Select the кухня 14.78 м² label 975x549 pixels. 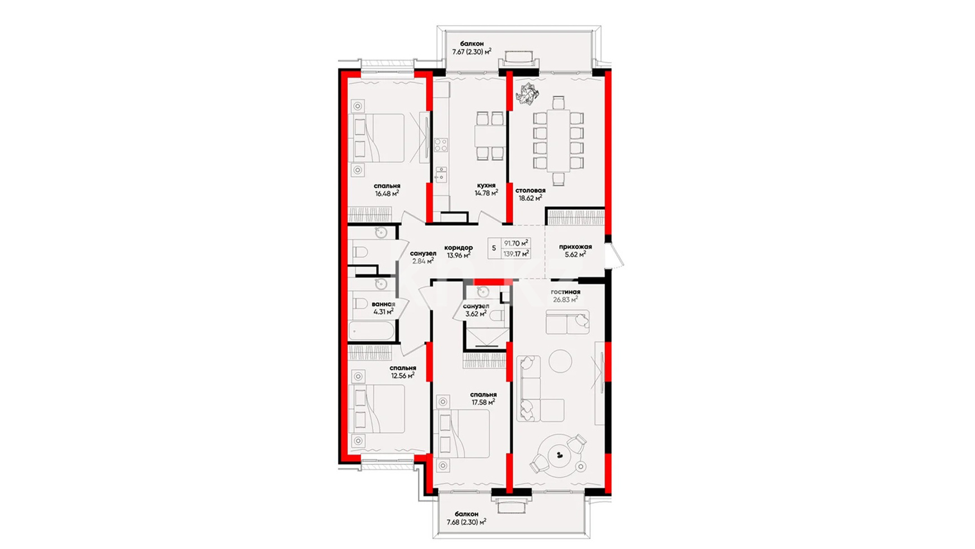coord(486,189)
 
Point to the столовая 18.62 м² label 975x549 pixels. coord(530,194)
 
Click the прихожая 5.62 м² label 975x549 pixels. coord(575,250)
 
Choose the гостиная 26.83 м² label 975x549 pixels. coord(565,296)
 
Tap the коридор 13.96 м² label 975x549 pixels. coord(458,251)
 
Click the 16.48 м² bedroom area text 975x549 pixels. coord(387,193)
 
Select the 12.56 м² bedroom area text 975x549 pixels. coord(402,376)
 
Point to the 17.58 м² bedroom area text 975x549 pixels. coord(483,402)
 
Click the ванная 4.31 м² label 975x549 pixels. coord(383,308)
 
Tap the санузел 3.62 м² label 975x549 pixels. coord(476,310)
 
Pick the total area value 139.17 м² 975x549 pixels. coord(516,253)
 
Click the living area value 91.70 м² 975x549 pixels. coord(516,243)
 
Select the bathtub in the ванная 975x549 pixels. coord(371,330)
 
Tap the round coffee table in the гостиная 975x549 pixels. coord(560,361)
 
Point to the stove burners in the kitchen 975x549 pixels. coord(441,145)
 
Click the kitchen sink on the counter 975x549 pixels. coord(441,174)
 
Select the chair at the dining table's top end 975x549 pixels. coord(558,103)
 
